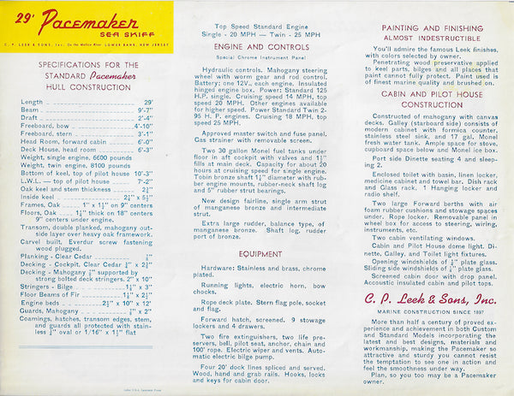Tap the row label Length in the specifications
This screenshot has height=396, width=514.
32,102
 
